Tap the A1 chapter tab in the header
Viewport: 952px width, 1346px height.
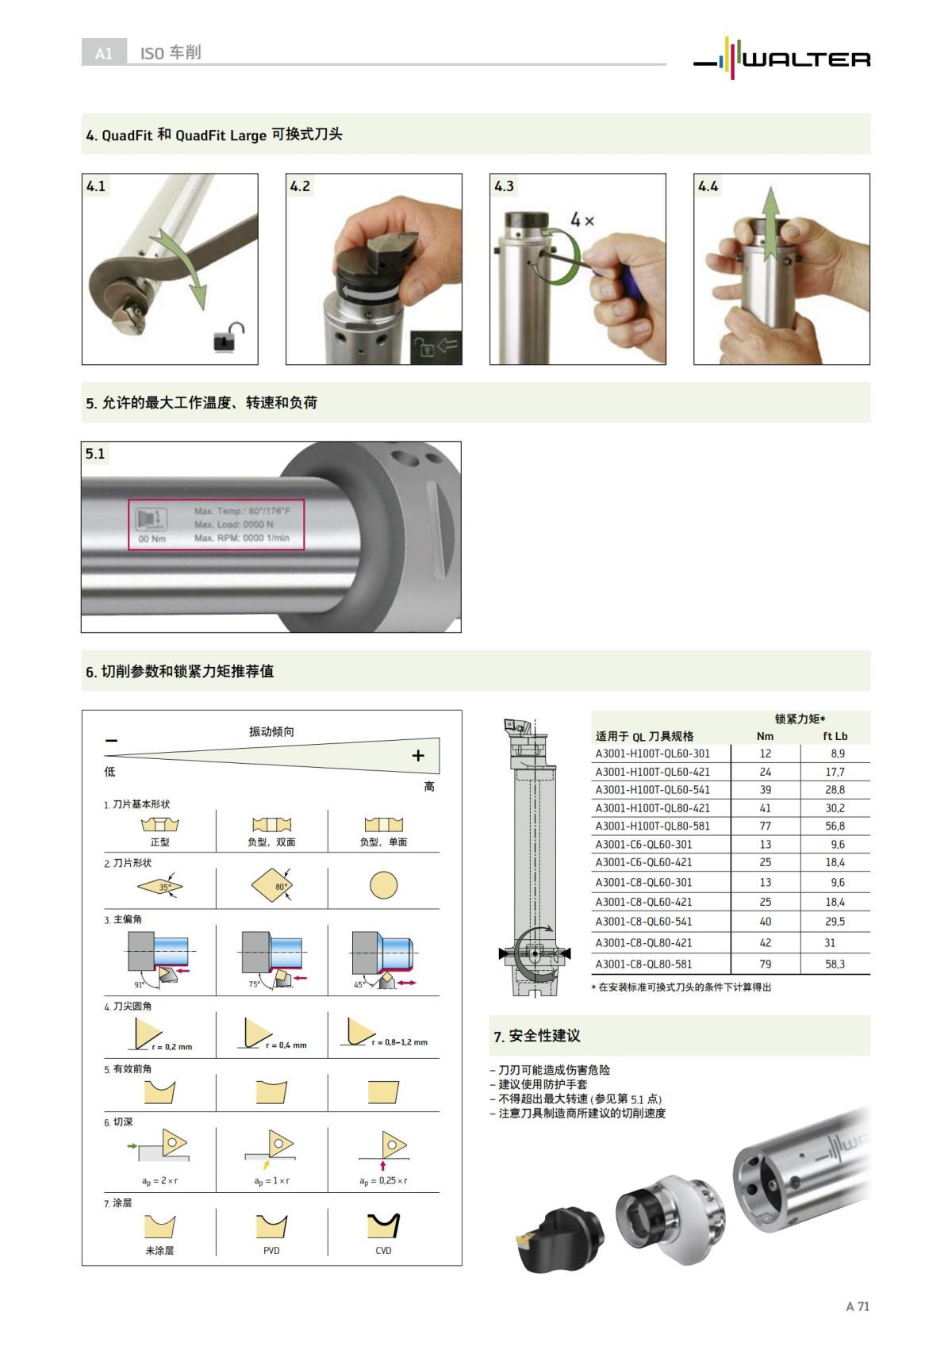coord(104,53)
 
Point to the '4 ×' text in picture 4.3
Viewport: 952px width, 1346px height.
coord(582,220)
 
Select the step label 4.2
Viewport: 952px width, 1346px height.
coord(300,186)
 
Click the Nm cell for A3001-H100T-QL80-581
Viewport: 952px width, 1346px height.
coord(765,826)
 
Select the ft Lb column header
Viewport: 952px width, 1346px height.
coord(835,736)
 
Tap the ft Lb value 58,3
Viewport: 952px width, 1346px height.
coord(835,964)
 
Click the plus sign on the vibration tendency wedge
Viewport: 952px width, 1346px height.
coord(418,756)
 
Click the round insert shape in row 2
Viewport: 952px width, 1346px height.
coord(383,885)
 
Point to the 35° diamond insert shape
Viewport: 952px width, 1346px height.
coord(159,886)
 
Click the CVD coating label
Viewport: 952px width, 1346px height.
coord(383,1251)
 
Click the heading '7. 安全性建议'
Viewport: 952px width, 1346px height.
coord(537,1036)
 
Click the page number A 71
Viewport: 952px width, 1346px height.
coord(857,1306)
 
